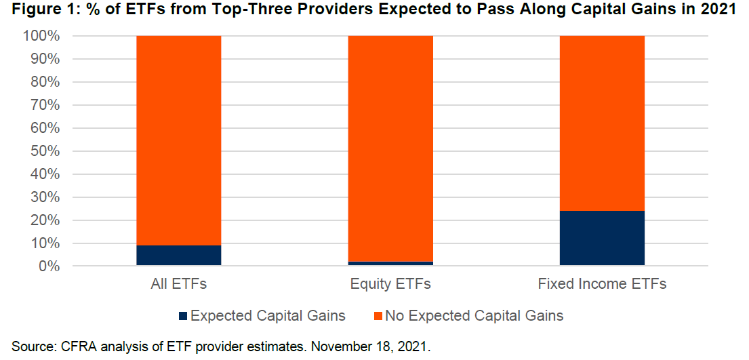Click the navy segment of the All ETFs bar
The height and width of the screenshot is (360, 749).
click(179, 256)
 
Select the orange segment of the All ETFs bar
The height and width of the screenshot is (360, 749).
click(179, 140)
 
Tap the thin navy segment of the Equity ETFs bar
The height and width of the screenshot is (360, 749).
click(390, 263)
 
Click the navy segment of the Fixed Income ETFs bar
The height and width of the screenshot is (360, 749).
click(602, 238)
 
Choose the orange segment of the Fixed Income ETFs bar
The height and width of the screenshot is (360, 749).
click(602, 123)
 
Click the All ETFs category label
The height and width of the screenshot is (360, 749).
click(179, 284)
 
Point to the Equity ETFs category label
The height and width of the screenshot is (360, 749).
click(390, 284)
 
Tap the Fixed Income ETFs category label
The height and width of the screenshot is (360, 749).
click(602, 284)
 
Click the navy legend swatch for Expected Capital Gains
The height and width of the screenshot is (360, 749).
click(183, 316)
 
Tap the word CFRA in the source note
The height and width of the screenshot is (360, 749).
click(76, 346)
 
